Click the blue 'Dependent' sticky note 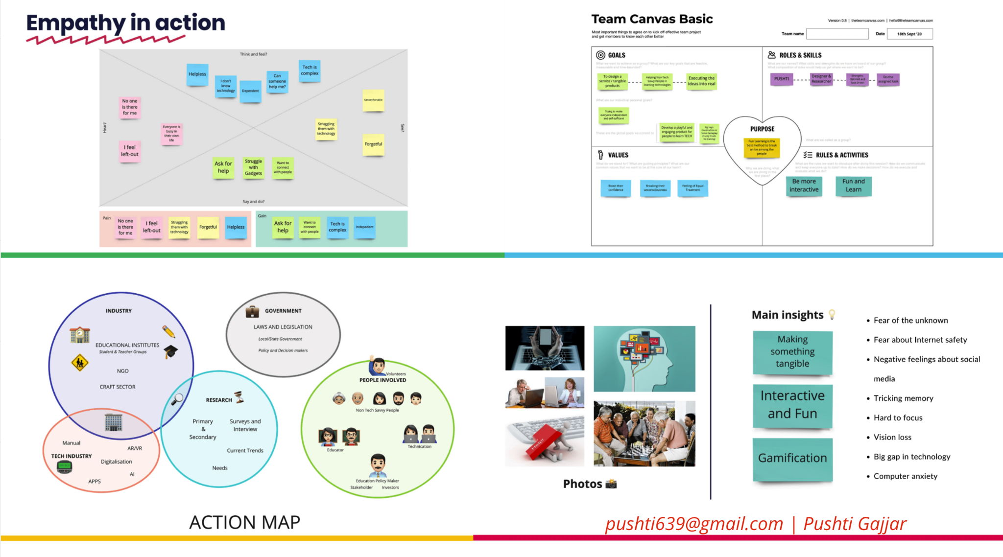click(250, 91)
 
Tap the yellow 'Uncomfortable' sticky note click(373, 100)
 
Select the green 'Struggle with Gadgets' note click(253, 167)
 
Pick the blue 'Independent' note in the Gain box click(364, 227)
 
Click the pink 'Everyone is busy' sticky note click(171, 133)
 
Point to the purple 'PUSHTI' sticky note click(782, 79)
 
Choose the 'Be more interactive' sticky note click(804, 186)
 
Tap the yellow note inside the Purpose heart click(762, 147)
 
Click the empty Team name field click(837, 34)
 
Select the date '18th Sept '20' click(909, 34)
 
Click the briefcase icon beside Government click(252, 311)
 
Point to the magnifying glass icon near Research click(177, 399)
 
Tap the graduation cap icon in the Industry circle click(171, 351)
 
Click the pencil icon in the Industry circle click(168, 331)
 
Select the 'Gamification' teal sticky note click(792, 459)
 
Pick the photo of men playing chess click(644, 433)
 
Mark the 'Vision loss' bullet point click(892, 437)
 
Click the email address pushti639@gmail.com click(694, 524)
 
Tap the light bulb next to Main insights click(832, 314)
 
